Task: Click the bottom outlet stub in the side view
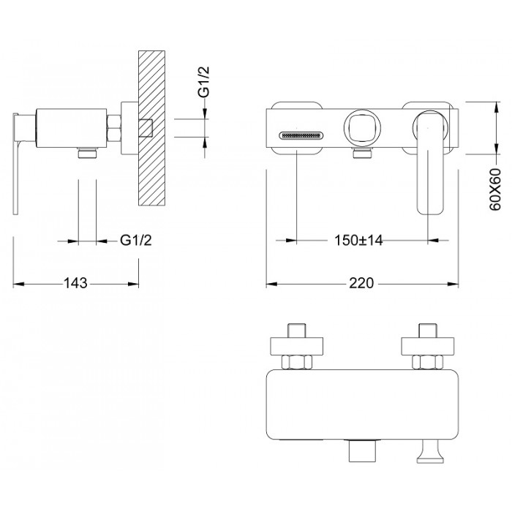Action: [x=88, y=153]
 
